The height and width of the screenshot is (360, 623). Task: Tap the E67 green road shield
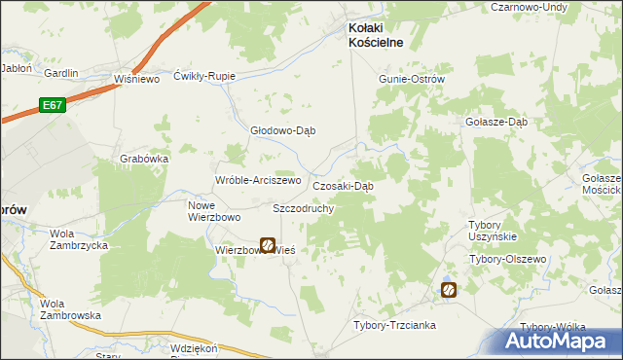coord(53,103)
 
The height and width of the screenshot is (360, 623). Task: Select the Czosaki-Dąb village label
coord(343,185)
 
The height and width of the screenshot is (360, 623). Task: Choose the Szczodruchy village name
coord(304,208)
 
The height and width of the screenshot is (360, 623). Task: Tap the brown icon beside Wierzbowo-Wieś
coord(267,246)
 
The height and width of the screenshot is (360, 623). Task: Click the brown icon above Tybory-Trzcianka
coord(448,289)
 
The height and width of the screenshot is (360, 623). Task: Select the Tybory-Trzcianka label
coord(394,325)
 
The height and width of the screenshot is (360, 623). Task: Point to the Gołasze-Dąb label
coord(496,122)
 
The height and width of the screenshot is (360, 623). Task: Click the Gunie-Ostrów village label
coord(412,79)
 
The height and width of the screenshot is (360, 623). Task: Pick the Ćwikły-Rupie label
coord(204,76)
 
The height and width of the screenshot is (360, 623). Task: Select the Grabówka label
coord(145,159)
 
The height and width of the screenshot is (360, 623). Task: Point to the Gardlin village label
coord(60,73)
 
